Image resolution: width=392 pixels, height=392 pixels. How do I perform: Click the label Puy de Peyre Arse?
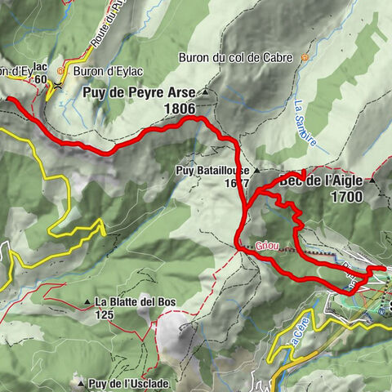[139, 92]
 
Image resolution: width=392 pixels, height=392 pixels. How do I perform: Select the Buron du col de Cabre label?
[238, 58]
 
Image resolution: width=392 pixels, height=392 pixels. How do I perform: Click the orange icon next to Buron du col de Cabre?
[305, 58]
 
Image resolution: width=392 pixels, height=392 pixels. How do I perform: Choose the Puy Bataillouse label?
[210, 171]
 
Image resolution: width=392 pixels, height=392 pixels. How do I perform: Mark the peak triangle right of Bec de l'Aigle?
[373, 180]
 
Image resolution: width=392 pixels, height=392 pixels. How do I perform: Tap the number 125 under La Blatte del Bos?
[104, 315]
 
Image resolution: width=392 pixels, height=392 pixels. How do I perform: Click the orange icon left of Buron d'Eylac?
[59, 82]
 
